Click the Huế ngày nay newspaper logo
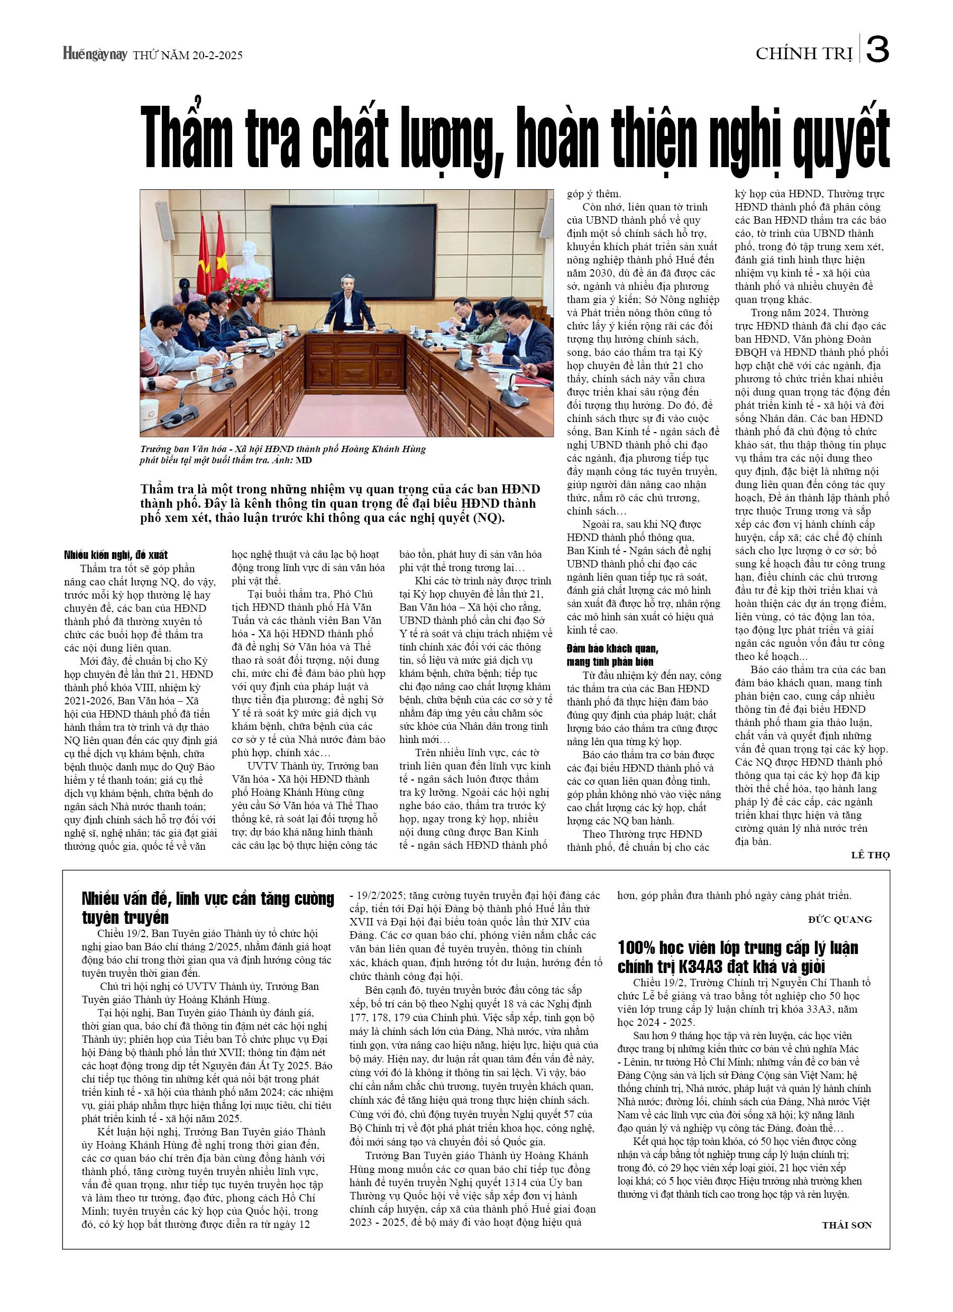click(95, 54)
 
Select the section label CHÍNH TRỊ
click(804, 54)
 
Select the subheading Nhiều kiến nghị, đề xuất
click(116, 555)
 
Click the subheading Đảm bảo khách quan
click(612, 648)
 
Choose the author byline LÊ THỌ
click(869, 855)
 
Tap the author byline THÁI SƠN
click(847, 1225)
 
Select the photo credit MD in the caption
click(304, 461)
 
